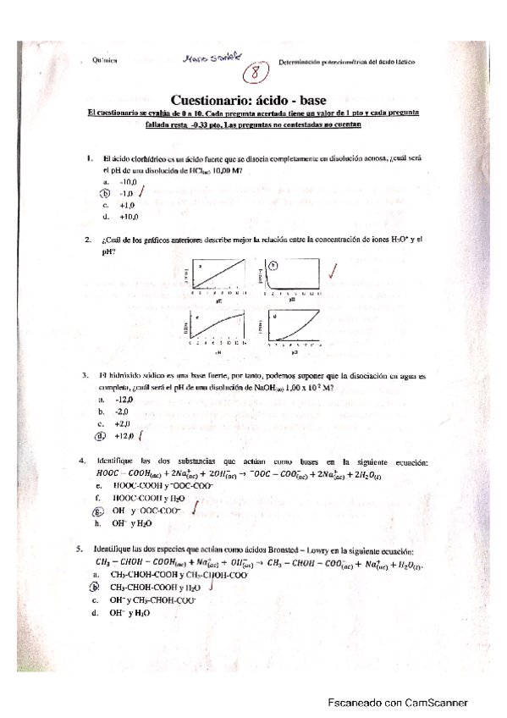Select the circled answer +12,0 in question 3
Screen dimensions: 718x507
click(127, 436)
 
